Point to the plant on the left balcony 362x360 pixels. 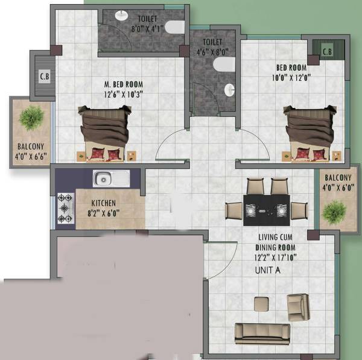point(31,118)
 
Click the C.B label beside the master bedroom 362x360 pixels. point(44,77)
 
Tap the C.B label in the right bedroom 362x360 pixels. point(327,52)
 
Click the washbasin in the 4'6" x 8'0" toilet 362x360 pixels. point(229,90)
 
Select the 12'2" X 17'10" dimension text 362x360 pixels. point(275,257)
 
